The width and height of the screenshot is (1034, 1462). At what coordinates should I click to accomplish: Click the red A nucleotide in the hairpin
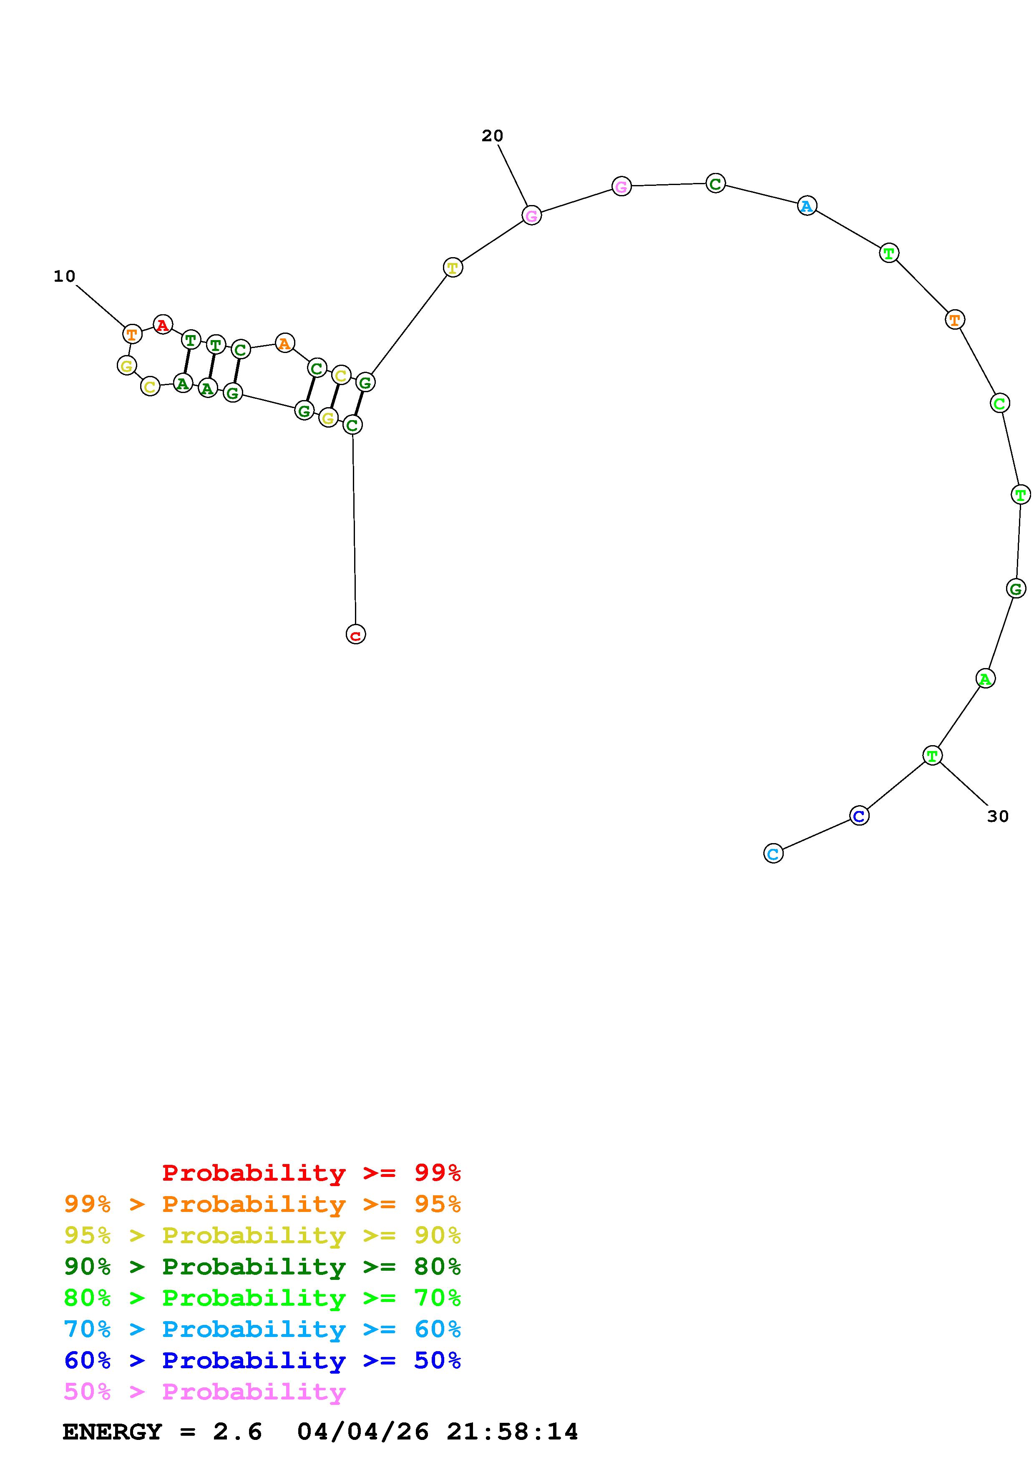(163, 325)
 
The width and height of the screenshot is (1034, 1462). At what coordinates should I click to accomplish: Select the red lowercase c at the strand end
(355, 634)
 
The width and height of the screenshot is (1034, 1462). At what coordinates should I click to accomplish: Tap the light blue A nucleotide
(807, 206)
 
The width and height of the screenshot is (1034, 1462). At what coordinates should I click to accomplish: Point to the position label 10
(64, 276)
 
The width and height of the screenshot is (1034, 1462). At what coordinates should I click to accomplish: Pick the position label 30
(998, 816)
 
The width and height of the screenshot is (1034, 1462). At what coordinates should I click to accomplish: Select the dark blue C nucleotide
(859, 816)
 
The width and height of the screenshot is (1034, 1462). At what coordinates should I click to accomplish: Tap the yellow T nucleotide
(452, 268)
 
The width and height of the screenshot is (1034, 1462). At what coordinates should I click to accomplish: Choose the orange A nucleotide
(285, 343)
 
